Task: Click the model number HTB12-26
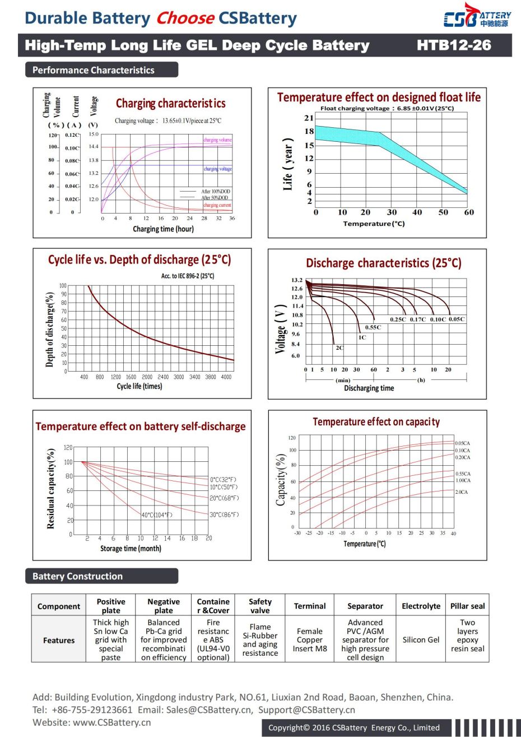454,45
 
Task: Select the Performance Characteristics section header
94,70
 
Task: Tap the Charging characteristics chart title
170,104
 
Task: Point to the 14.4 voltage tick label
93,146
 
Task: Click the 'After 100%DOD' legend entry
215,192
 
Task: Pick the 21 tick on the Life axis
309,118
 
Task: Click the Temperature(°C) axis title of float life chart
374,224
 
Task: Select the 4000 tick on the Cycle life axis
226,377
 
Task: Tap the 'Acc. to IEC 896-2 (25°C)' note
188,276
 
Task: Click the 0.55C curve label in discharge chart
373,327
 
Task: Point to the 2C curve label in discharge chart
339,347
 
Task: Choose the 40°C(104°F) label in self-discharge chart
157,515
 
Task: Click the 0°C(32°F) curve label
224,480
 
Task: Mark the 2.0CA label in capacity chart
461,492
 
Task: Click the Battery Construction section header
77,576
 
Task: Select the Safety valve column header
260,606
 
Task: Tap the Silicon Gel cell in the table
421,639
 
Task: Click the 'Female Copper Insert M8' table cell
309,639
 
